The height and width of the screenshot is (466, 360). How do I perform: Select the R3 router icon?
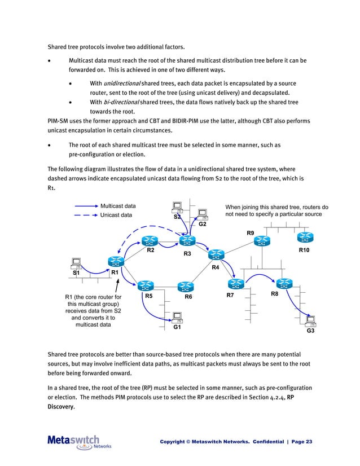[187, 241]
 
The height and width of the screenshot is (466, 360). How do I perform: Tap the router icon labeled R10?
[305, 238]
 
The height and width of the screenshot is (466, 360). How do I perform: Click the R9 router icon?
[262, 241]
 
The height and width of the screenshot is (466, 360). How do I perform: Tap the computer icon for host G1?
[177, 316]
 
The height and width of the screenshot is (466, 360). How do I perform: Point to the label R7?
[230, 296]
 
